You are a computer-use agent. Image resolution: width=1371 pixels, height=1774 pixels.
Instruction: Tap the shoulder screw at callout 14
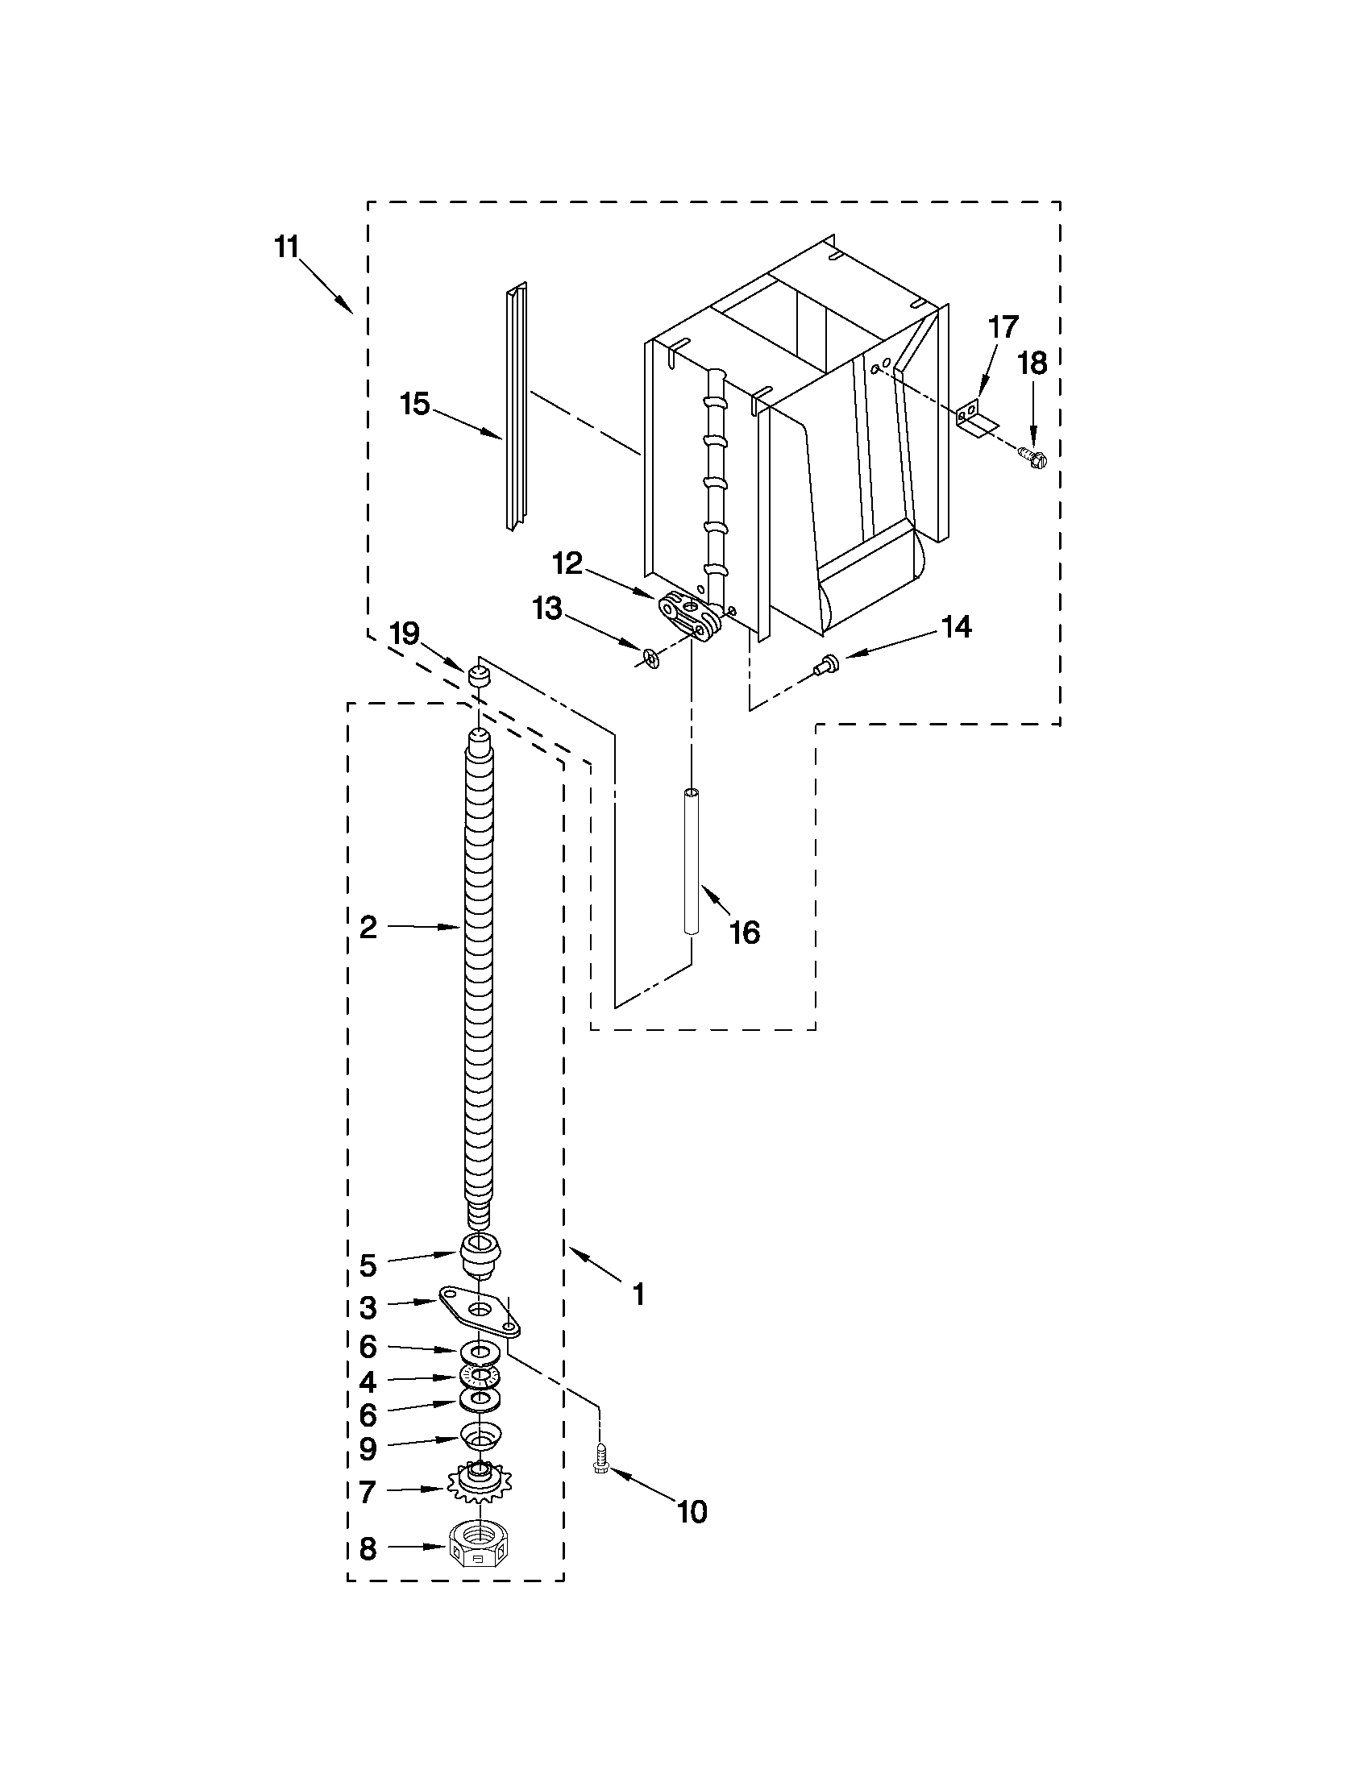tap(825, 664)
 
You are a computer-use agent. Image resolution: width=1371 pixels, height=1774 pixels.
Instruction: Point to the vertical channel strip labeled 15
tap(515, 406)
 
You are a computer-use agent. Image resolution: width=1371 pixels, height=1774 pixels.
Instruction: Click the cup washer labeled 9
tap(481, 1435)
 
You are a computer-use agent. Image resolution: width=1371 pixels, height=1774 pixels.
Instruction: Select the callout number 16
tap(745, 933)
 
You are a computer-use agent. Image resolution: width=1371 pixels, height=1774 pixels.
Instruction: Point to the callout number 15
tap(415, 403)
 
